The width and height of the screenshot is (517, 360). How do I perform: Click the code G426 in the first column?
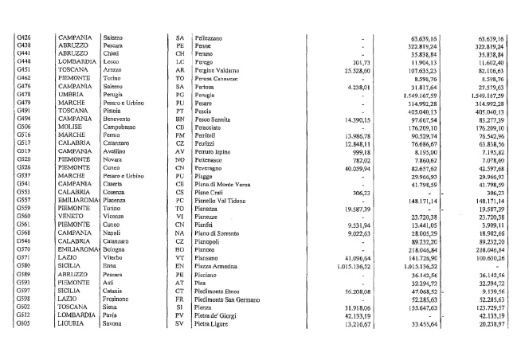(23, 37)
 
